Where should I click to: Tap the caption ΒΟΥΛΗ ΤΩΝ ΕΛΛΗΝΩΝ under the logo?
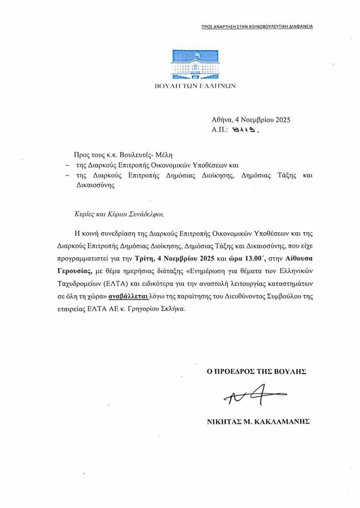click(195, 85)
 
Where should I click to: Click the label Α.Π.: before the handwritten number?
click(220, 130)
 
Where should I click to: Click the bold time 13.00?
click(235, 258)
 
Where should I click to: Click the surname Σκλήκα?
click(173, 309)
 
